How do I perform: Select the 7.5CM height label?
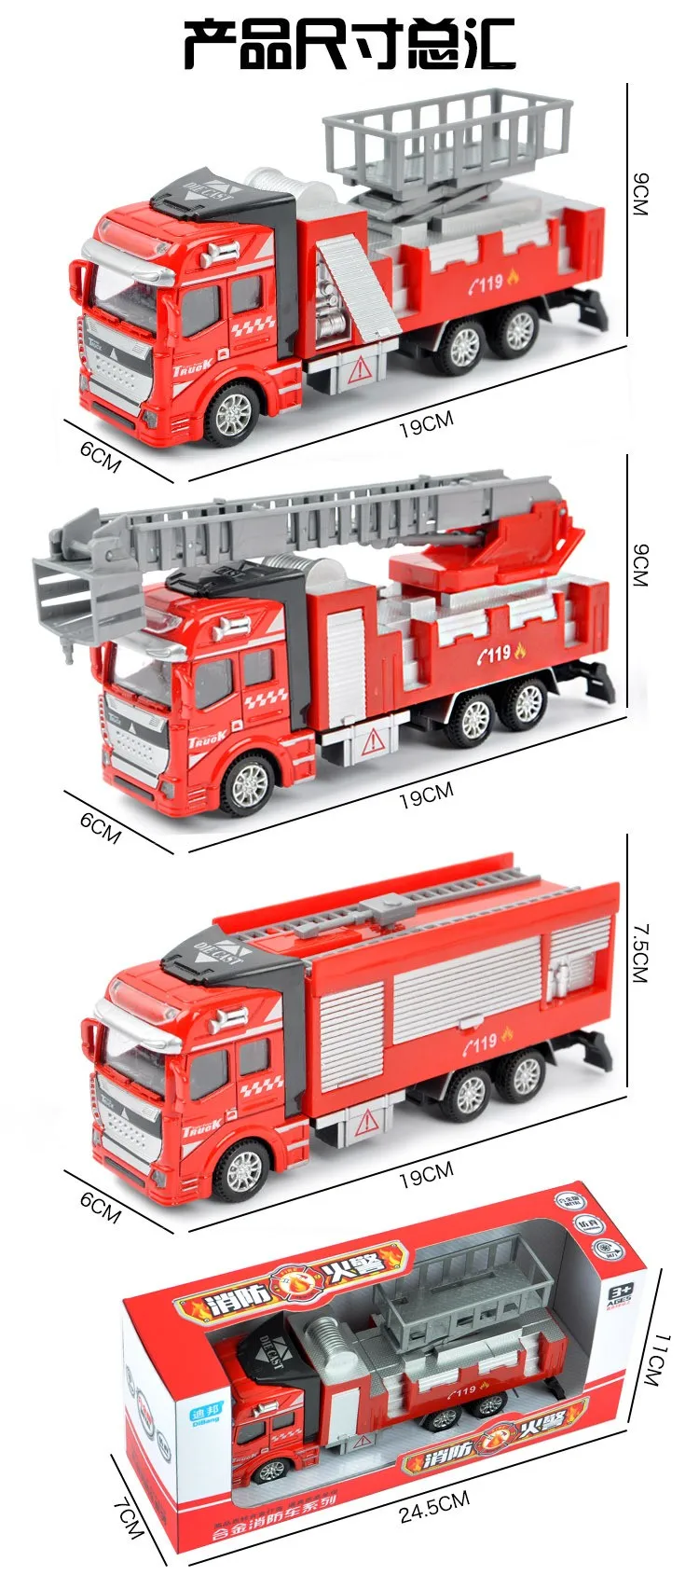click(639, 952)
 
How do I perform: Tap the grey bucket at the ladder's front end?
click(86, 591)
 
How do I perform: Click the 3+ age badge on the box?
click(619, 1292)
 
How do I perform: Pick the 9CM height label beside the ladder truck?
click(639, 563)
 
